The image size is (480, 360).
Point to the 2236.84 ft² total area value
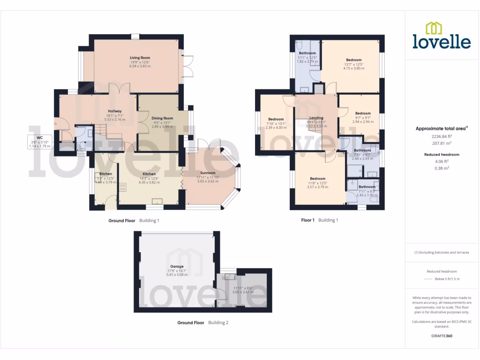[x=442, y=136]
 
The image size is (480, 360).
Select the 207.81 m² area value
[x=442, y=143]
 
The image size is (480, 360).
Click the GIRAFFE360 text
[x=442, y=336]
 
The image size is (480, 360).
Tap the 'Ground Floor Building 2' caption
[x=203, y=322]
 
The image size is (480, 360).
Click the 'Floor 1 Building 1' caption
[x=319, y=220]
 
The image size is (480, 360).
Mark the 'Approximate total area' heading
[x=441, y=128]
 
